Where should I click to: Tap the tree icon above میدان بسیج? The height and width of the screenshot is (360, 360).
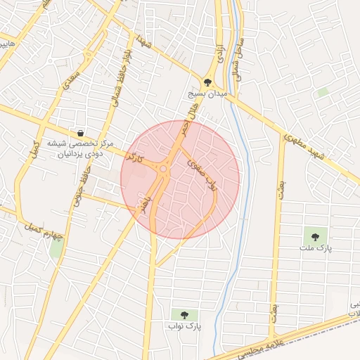(207, 82)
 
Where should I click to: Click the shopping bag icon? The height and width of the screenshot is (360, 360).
(81, 133)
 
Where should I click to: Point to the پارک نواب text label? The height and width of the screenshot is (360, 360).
(184, 327)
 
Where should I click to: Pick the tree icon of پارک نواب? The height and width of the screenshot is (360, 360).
(184, 315)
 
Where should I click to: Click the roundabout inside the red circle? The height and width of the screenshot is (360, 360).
(164, 169)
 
